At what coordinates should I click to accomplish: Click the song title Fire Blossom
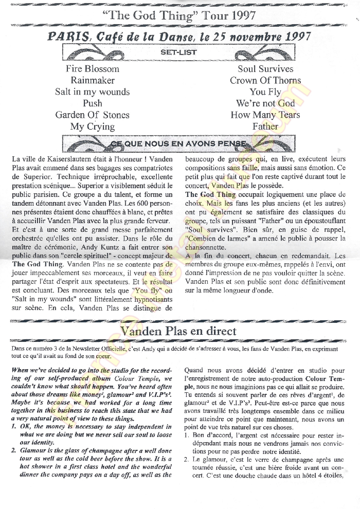(93, 69)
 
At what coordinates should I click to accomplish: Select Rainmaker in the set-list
(93, 80)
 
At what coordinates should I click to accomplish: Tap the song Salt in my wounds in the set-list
(93, 92)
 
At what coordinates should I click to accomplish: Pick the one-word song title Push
(93, 103)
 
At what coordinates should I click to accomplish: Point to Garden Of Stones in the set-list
(93, 115)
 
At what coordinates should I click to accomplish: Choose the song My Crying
(93, 126)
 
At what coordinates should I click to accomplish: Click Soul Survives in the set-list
(265, 69)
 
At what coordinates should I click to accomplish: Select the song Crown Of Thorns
(265, 80)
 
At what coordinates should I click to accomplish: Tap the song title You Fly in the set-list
(265, 92)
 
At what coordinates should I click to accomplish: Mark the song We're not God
(265, 103)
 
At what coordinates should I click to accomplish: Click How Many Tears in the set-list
(265, 115)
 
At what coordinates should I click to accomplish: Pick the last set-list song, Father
(265, 126)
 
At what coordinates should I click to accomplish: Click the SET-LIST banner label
(178, 52)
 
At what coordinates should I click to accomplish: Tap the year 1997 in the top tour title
(240, 15)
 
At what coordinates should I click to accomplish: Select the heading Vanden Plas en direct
(178, 330)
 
